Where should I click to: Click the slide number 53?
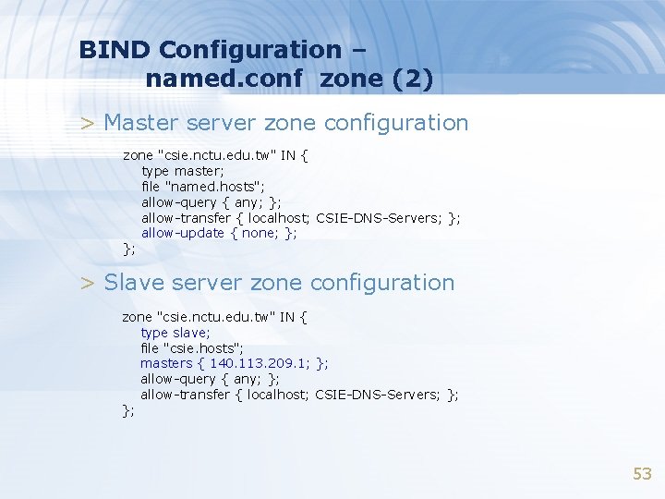[x=642, y=474]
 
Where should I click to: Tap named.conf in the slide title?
[x=224, y=79]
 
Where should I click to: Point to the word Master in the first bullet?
[x=141, y=122]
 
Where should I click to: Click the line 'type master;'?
[x=182, y=171]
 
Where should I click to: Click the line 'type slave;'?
[x=175, y=332]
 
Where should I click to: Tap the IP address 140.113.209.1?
[x=260, y=363]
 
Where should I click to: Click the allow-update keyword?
[x=183, y=233]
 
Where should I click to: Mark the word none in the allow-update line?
[x=259, y=233]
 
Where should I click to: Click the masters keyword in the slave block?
[x=166, y=363]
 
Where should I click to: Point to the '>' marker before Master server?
[x=87, y=123]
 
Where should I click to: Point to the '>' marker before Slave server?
[x=87, y=283]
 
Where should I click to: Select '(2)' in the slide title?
[x=413, y=79]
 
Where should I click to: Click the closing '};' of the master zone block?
[x=129, y=249]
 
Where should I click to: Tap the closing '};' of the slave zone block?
[x=128, y=410]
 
